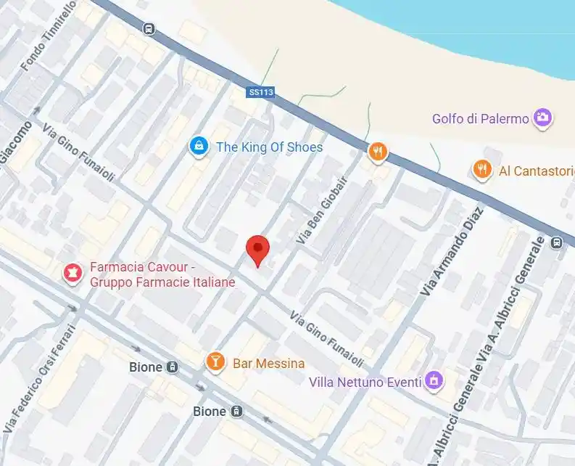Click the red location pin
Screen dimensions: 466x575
[x=257, y=250]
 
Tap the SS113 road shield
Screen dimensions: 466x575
[x=260, y=92]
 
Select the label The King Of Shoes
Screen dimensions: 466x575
[x=269, y=147]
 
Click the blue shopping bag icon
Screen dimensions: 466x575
[x=197, y=147]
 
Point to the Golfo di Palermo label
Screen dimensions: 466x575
[x=480, y=118]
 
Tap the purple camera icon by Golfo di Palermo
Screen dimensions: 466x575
[x=542, y=118]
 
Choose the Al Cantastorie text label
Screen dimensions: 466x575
[x=532, y=171]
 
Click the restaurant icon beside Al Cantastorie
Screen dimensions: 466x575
[x=482, y=170]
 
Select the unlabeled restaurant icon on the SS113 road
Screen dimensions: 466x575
[x=377, y=152]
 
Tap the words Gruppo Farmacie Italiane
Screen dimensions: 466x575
[x=162, y=282]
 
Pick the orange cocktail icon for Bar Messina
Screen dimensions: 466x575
[x=215, y=361]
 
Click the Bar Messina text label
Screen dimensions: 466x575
[x=268, y=363]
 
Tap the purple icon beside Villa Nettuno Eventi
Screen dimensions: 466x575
[x=434, y=380]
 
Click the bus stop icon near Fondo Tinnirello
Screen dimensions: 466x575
[x=149, y=29]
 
